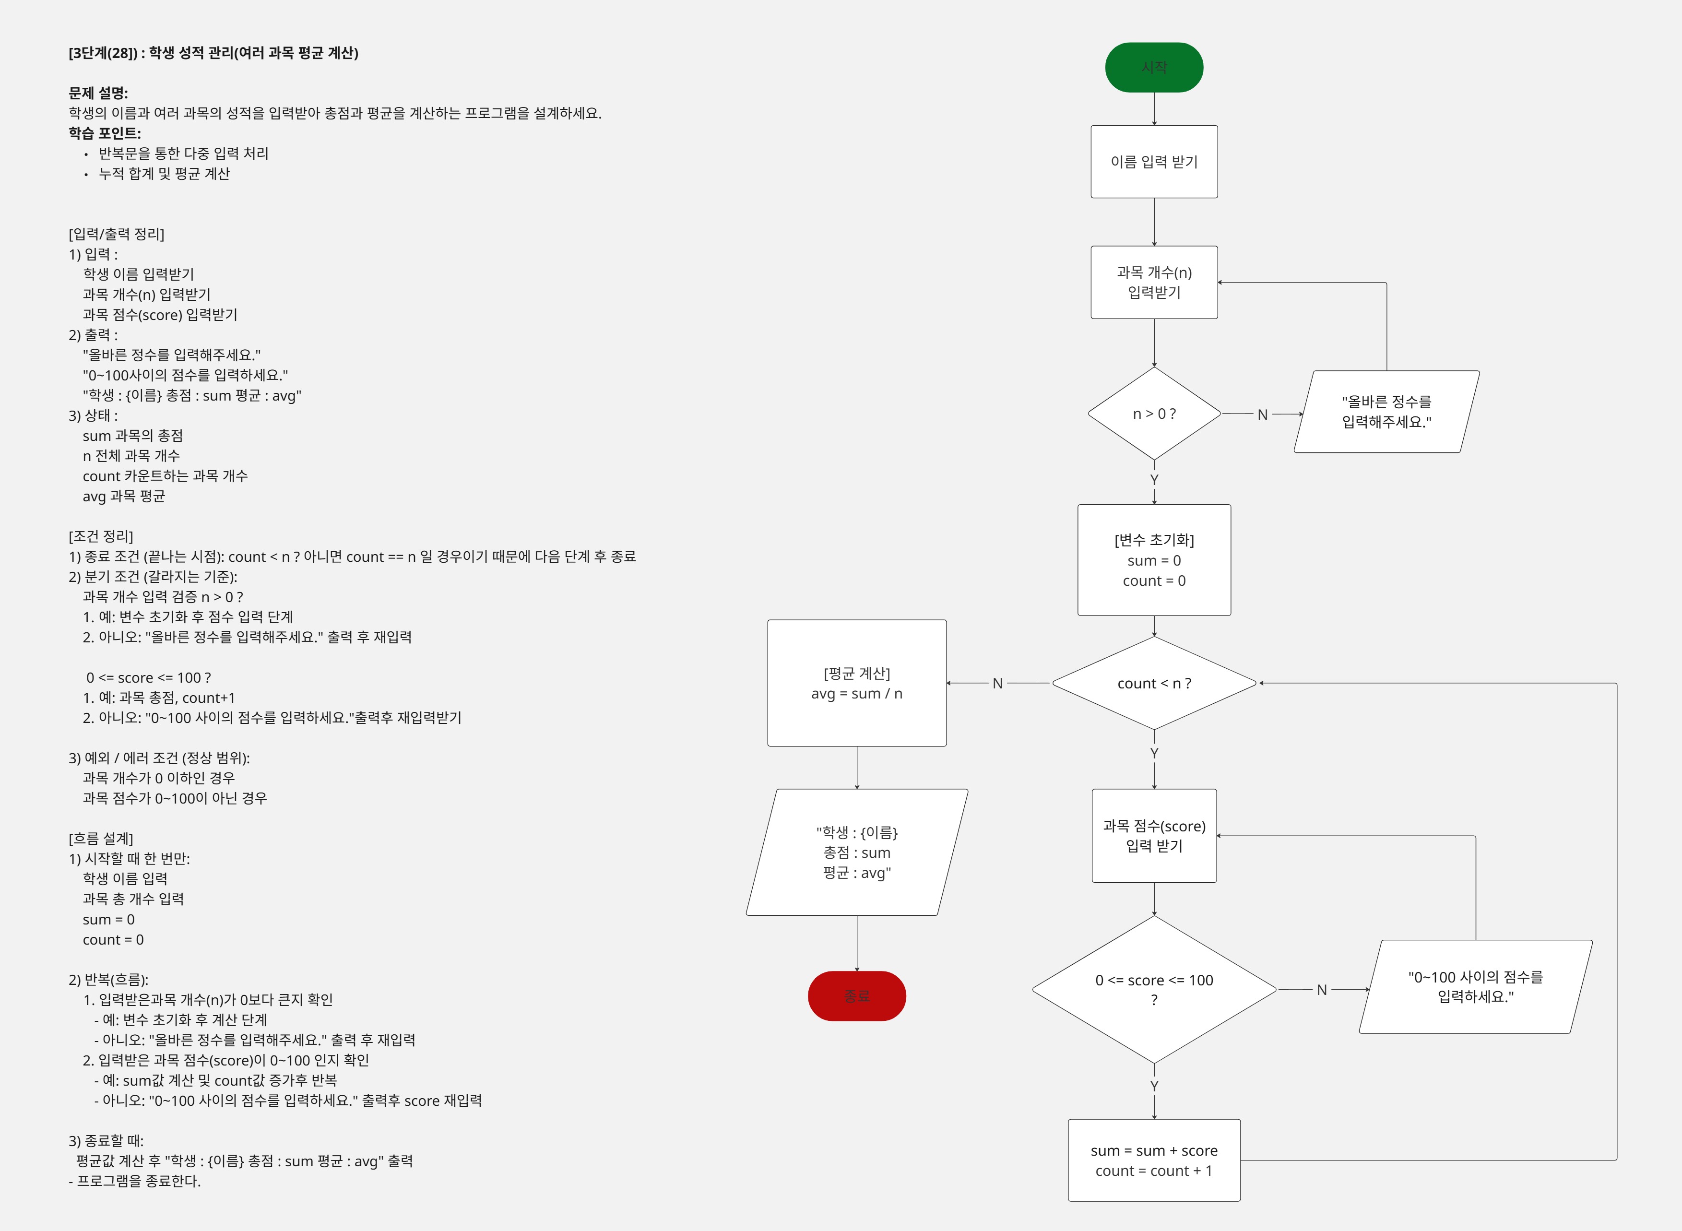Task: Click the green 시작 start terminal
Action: pyautogui.click(x=1154, y=67)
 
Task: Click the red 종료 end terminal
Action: pyautogui.click(x=856, y=995)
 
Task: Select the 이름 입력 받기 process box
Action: pyautogui.click(x=1154, y=162)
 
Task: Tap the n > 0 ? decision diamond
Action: pyautogui.click(x=1154, y=414)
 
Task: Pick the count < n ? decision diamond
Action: pyautogui.click(x=1154, y=683)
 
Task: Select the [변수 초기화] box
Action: pyautogui.click(x=1154, y=560)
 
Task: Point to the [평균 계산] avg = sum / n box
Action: pyautogui.click(x=856, y=683)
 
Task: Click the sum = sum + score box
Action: pyautogui.click(x=1154, y=1160)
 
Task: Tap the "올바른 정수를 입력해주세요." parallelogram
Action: pyautogui.click(x=1386, y=411)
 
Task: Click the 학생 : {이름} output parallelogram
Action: pyautogui.click(x=856, y=852)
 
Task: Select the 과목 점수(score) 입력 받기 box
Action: pyautogui.click(x=1154, y=835)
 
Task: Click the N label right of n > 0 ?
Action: pyautogui.click(x=1262, y=414)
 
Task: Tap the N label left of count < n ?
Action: pyautogui.click(x=997, y=683)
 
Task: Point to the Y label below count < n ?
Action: pyautogui.click(x=1154, y=753)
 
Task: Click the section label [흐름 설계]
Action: pyautogui.click(x=101, y=838)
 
